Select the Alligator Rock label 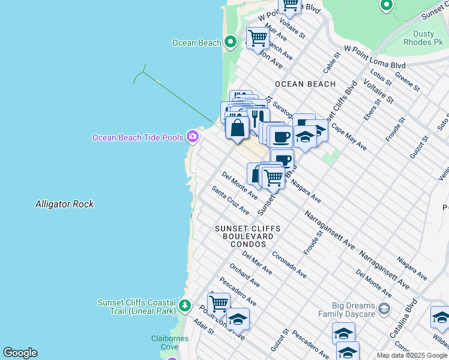pyautogui.click(x=64, y=204)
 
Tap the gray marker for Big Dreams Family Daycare pyautogui.click(x=384, y=310)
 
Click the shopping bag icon pyautogui.click(x=238, y=128)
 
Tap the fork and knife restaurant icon pyautogui.click(x=258, y=118)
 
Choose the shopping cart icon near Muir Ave pyautogui.click(x=258, y=38)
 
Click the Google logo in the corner pyautogui.click(x=20, y=353)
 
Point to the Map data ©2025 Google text pyautogui.click(x=412, y=355)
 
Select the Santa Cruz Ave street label pyautogui.click(x=231, y=200)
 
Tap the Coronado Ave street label pyautogui.click(x=289, y=265)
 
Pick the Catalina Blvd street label pyautogui.click(x=411, y=314)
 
